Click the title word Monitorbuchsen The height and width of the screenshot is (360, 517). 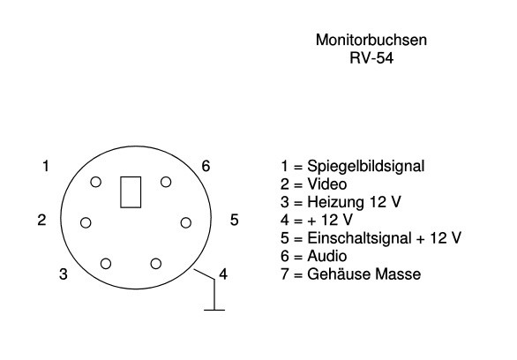371,40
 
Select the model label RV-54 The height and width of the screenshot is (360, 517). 371,58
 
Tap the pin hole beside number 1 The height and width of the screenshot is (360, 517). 95,182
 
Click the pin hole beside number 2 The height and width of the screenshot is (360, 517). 86,222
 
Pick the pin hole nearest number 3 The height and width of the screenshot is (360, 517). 106,264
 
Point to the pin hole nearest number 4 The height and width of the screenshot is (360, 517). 156,264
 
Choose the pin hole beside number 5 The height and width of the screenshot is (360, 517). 186,222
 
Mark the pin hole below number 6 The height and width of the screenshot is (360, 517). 166,182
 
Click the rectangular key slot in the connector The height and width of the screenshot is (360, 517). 131,192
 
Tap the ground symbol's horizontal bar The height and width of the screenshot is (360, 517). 214,310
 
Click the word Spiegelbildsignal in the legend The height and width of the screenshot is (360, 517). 366,167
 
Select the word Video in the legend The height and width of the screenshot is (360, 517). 327,184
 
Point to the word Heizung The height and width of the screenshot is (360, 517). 336,203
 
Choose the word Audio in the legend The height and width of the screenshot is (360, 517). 327,256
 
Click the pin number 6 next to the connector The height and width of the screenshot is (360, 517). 206,166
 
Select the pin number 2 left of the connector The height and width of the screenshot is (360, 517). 41,220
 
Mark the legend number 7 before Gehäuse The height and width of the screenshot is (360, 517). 285,274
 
